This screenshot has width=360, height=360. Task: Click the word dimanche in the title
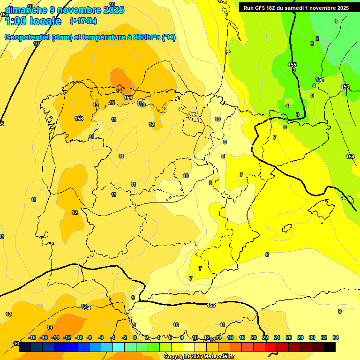click(25, 10)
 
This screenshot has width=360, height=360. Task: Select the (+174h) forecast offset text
click(83, 21)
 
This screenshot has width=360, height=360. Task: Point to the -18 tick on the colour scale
click(32, 337)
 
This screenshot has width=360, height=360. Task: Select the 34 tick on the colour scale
click(336, 337)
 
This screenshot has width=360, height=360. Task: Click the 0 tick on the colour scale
click(135, 337)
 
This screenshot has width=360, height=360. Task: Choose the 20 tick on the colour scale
click(254, 337)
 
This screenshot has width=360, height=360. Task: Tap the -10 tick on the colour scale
click(78, 337)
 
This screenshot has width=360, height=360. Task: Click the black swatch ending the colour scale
click(330, 347)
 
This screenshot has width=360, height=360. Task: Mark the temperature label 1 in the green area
click(336, 21)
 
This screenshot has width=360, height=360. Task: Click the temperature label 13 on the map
click(96, 105)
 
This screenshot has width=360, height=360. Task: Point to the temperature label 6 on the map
click(285, 127)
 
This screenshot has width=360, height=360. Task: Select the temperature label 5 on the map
click(312, 96)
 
